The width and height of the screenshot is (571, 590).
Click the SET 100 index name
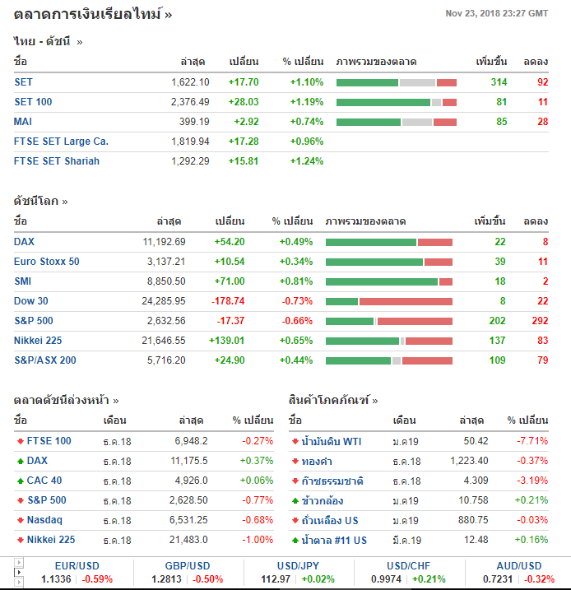tap(33, 102)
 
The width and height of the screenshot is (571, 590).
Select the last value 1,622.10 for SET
tap(190, 82)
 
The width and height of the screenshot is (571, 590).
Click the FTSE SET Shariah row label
tap(57, 161)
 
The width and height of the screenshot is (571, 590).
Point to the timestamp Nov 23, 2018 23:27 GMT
tap(496, 13)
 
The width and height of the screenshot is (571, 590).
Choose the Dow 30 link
tap(31, 301)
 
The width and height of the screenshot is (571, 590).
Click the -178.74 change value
tap(227, 301)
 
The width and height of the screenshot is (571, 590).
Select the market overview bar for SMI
tap(388, 281)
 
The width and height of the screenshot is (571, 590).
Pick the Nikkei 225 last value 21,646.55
tap(162, 341)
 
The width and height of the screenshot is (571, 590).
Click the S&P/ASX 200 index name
tap(45, 360)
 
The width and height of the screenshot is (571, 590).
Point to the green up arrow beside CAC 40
tap(20, 481)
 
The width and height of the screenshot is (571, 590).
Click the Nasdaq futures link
tap(44, 520)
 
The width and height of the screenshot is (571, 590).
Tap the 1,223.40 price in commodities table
tap(469, 461)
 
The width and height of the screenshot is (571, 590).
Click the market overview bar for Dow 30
tap(388, 301)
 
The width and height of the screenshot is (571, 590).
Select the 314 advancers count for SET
tap(499, 82)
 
